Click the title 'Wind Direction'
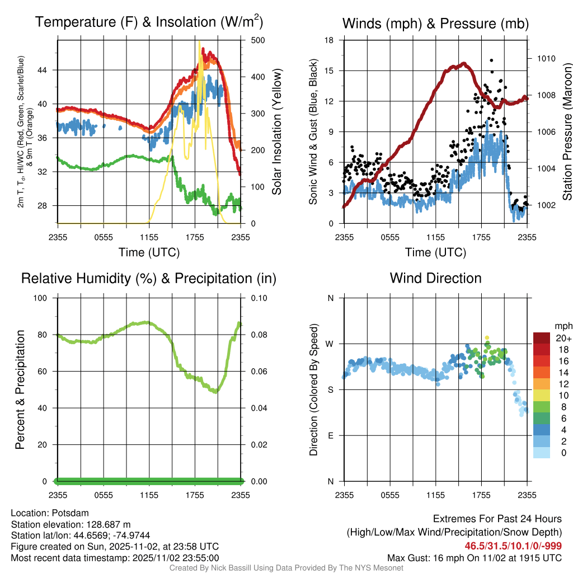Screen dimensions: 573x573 [x=435, y=278]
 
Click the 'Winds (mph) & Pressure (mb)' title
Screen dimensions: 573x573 [x=435, y=24]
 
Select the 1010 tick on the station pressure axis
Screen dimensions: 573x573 [x=546, y=58]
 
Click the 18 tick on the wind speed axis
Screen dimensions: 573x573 [x=330, y=40]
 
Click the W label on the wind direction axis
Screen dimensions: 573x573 [x=330, y=344]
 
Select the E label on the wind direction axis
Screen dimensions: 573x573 [x=331, y=435]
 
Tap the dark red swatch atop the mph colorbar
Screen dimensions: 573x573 [x=542, y=338]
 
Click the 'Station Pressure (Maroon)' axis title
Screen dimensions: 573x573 [x=566, y=131]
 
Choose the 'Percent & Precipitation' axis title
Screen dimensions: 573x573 [x=20, y=389]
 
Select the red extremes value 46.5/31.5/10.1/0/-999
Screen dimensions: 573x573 [x=513, y=546]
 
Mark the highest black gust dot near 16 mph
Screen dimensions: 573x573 [x=491, y=60]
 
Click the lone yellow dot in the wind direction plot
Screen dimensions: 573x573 [x=487, y=337]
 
